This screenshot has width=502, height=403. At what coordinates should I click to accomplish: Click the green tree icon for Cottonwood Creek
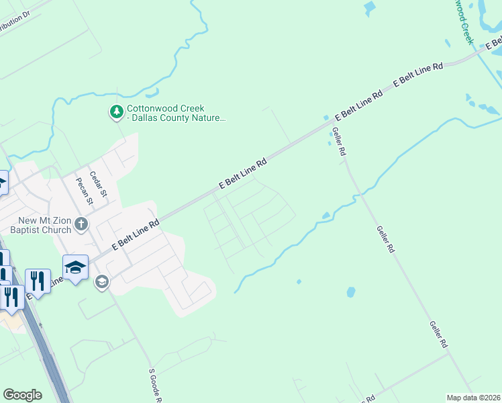click(x=117, y=111)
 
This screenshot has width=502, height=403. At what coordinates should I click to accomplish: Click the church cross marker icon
click(x=81, y=224)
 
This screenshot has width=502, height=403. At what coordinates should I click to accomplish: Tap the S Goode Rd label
click(x=154, y=385)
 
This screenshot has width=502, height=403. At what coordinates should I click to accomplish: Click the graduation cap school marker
click(x=75, y=267)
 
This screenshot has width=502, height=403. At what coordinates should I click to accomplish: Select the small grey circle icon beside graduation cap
click(x=102, y=281)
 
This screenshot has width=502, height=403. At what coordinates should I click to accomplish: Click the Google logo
click(x=23, y=395)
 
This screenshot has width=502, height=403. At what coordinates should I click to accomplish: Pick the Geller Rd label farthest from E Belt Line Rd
click(x=439, y=334)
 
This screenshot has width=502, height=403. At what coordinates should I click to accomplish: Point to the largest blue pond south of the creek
click(x=350, y=292)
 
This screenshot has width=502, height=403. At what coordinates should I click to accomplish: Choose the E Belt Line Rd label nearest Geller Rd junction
click(x=359, y=104)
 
